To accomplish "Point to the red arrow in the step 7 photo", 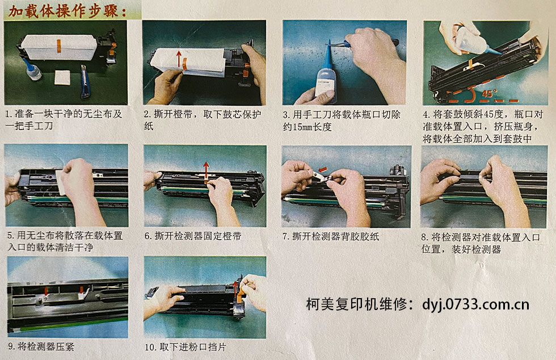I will coord(323,168).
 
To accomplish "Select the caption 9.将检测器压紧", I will coord(39,345).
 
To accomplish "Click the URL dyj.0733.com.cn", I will coord(475,304).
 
